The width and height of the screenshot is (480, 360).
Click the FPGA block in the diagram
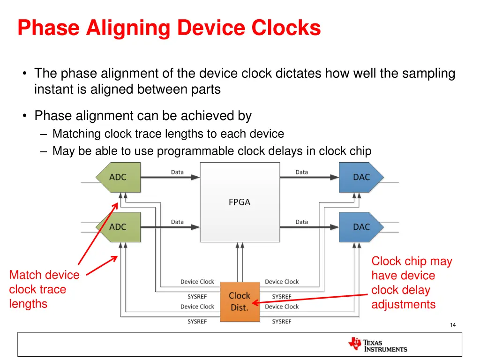(240, 202)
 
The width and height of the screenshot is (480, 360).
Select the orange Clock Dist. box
(240, 301)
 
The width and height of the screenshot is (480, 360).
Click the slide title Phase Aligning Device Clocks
(169, 28)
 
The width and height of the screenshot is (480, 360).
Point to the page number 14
(452, 325)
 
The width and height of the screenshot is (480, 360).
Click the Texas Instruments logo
(378, 345)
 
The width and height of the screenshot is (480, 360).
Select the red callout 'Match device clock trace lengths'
(44, 289)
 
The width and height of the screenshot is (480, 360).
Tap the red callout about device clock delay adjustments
(412, 283)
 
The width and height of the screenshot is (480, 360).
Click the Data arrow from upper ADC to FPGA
(170, 177)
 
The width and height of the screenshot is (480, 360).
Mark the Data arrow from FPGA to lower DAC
(309, 227)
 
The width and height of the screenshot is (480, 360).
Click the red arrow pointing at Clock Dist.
(309, 299)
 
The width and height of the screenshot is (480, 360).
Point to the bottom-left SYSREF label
(197, 322)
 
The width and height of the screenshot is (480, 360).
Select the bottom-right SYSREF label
(282, 322)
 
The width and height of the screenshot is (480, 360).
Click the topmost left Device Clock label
(197, 282)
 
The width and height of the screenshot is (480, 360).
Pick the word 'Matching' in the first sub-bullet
(76, 134)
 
